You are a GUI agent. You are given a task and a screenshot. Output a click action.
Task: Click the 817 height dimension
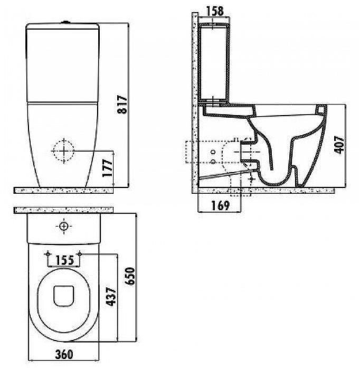tap(122, 105)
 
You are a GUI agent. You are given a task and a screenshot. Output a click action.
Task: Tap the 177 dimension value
tap(107, 168)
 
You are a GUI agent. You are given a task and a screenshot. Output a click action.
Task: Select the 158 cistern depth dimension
tap(215, 11)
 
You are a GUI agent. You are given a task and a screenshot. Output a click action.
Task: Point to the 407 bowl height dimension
tap(339, 145)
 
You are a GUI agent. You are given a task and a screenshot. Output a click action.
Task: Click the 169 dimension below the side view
tap(220, 205)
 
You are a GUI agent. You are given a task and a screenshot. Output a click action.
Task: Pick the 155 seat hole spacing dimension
tap(64, 260)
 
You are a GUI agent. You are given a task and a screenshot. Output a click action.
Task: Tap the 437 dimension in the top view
tap(111, 297)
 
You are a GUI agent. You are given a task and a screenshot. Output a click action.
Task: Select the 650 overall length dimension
tap(130, 276)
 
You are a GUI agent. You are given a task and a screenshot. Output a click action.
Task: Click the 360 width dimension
tap(64, 354)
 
